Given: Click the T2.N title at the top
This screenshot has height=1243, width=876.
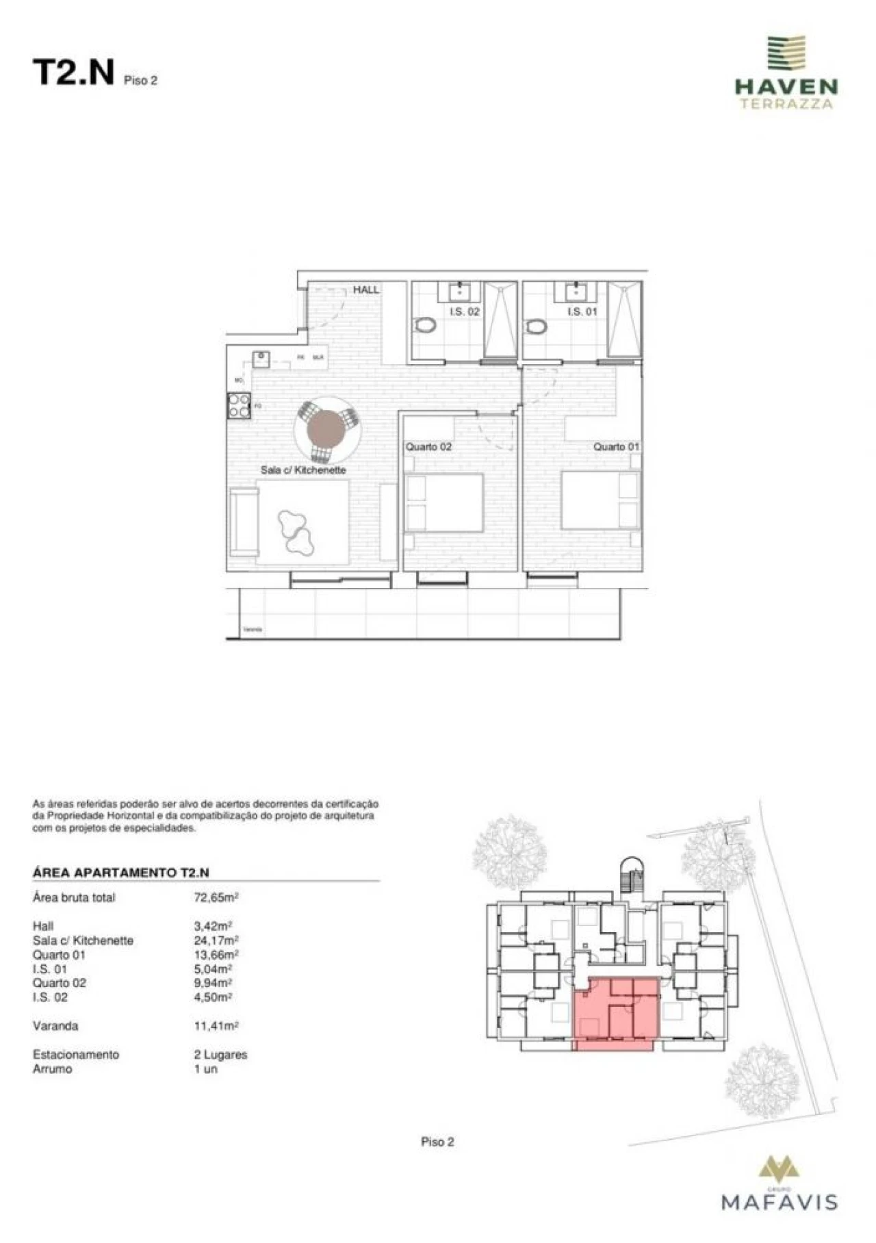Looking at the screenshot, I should (73, 73).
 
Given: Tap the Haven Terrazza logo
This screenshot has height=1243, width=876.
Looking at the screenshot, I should (786, 73).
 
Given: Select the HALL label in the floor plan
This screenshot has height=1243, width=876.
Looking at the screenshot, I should (365, 290).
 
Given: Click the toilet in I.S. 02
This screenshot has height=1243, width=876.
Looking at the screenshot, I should (426, 326).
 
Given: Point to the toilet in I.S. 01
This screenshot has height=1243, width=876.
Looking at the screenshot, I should (537, 326).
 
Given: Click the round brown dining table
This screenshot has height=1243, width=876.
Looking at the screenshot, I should (327, 429).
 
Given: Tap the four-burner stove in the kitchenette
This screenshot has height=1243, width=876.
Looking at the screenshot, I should (239, 405).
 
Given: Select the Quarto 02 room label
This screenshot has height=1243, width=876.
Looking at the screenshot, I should (428, 447).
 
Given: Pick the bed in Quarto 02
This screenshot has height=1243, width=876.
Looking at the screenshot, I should (444, 502).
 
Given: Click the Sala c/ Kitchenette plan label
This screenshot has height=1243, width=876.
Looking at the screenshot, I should (303, 470).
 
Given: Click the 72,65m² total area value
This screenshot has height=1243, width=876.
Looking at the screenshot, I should (216, 897).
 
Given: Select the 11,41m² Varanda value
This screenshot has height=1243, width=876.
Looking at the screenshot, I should (216, 1026).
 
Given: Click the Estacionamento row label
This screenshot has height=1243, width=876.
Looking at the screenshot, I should (76, 1054).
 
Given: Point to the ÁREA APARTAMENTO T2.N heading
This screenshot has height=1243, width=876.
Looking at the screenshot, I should (121, 873).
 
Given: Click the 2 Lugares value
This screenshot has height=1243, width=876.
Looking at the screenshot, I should (220, 1054).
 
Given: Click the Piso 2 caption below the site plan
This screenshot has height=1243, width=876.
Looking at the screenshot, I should (437, 1142).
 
